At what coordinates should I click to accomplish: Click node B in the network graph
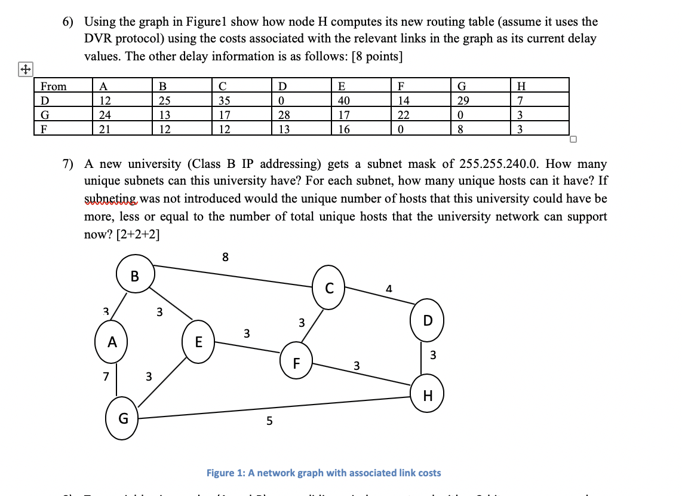click(135, 275)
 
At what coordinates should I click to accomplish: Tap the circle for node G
click(122, 418)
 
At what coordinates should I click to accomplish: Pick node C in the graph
click(329, 288)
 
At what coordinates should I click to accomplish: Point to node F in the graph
click(296, 362)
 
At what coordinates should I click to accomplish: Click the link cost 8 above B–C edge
click(225, 258)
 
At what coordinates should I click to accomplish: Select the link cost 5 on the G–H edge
click(269, 421)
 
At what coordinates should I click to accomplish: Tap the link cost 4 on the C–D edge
click(389, 289)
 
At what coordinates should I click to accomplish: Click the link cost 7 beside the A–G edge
click(106, 376)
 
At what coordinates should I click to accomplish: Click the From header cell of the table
click(53, 86)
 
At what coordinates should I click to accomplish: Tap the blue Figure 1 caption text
click(324, 473)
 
